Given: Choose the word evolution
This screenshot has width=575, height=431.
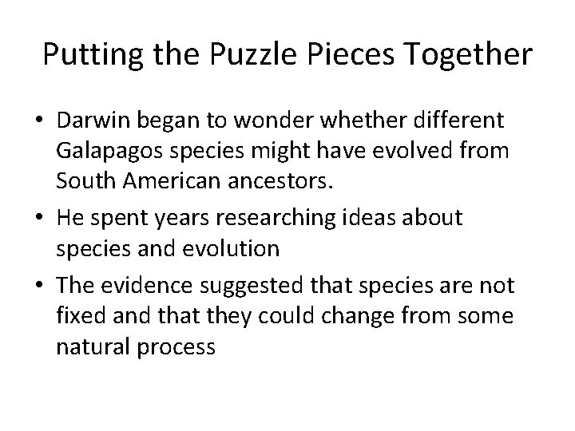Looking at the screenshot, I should [x=233, y=248].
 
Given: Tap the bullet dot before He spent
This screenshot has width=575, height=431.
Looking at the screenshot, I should [x=39, y=218].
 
